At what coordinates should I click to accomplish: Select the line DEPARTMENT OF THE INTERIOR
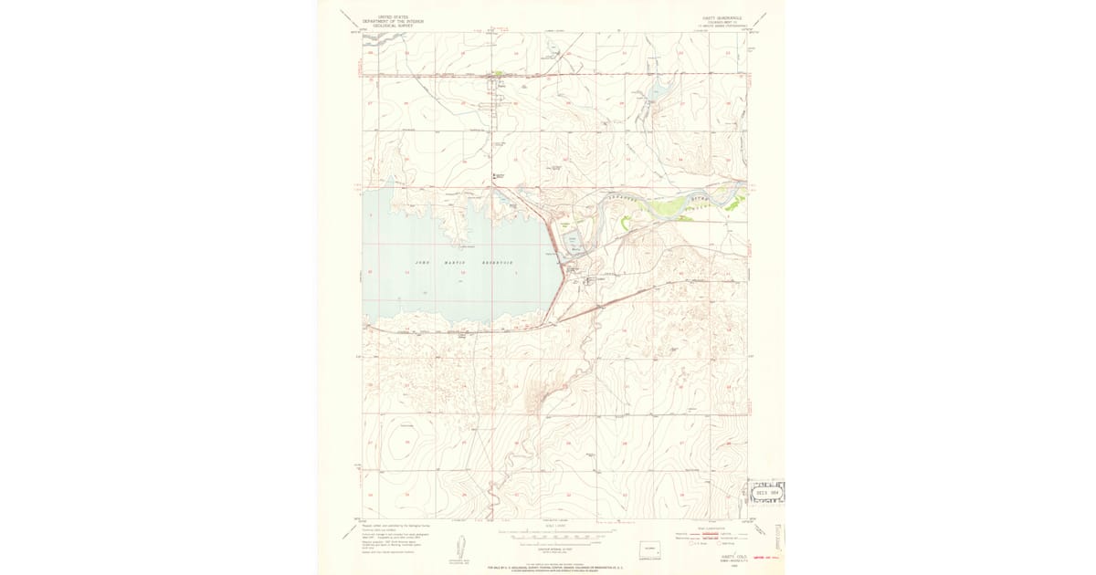(387, 22)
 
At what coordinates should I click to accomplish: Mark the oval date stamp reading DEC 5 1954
(765, 491)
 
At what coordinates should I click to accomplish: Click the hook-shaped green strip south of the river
(625, 220)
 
